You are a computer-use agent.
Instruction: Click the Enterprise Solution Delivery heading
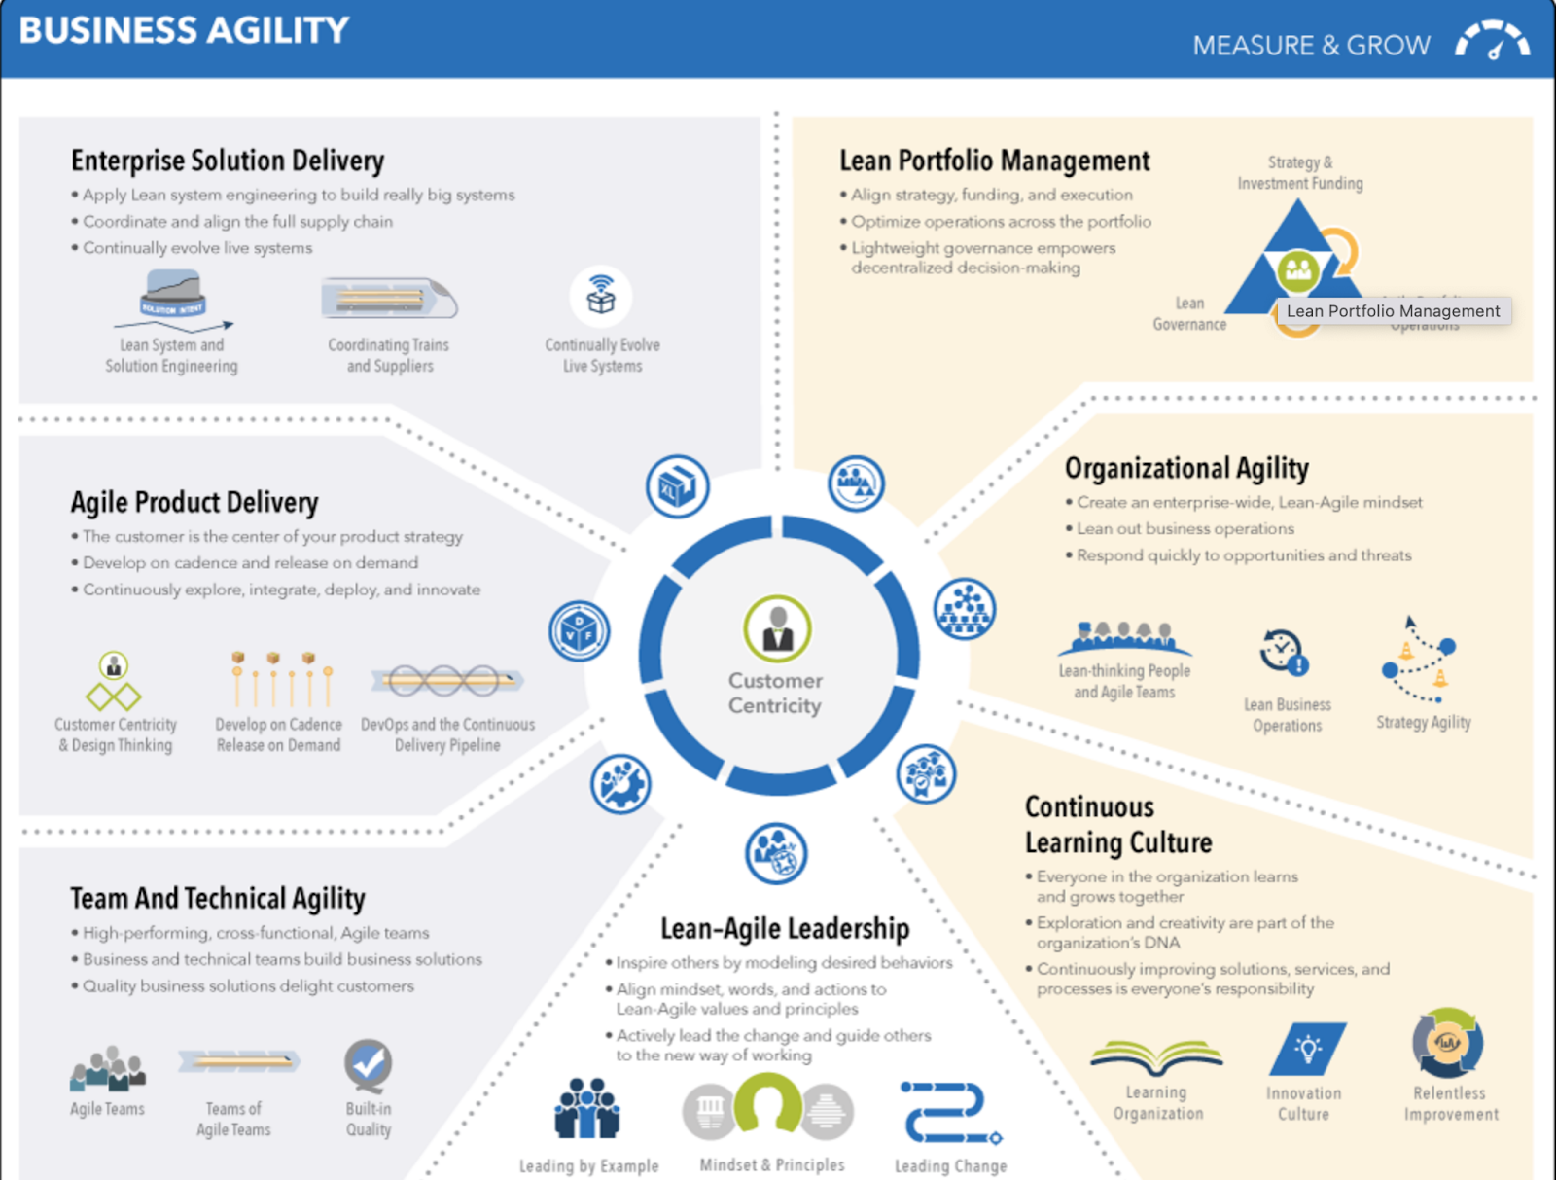click(x=228, y=161)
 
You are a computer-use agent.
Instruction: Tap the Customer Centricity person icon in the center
click(x=777, y=628)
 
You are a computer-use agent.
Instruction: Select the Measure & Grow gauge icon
click(x=1492, y=42)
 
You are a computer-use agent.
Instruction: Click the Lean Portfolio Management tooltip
click(x=1393, y=311)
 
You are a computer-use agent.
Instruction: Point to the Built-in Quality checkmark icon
click(x=369, y=1065)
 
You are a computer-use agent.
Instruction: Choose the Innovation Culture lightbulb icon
click(x=1308, y=1049)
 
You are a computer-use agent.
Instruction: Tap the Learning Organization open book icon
click(x=1156, y=1056)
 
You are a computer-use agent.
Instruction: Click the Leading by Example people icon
click(x=587, y=1108)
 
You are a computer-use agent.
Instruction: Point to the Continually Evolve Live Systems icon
click(x=601, y=297)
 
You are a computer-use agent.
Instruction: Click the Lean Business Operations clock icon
click(x=1284, y=652)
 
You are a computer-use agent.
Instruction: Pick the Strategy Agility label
click(x=1424, y=722)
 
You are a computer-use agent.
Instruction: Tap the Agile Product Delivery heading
click(x=194, y=502)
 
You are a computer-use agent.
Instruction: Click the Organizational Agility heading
click(x=1186, y=469)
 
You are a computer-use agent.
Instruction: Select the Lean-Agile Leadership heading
click(x=785, y=929)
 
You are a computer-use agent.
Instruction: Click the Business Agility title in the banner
click(x=184, y=30)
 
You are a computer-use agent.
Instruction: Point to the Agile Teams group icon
click(x=108, y=1069)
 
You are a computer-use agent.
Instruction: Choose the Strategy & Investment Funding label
click(x=1300, y=173)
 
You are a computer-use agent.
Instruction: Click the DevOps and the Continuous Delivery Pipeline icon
click(x=447, y=681)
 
